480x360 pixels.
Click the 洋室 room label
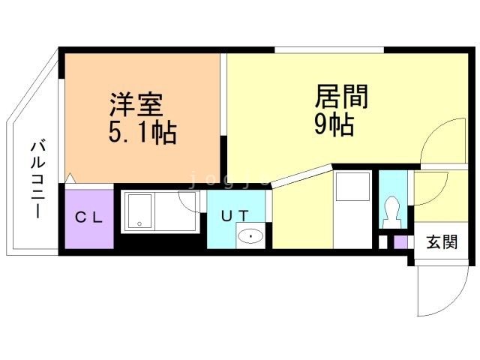click(136, 105)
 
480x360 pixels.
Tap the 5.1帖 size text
click(142, 133)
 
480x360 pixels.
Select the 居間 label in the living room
click(341, 97)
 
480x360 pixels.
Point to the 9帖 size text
click(334, 124)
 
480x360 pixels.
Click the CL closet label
click(88, 217)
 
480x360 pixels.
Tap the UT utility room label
click(235, 216)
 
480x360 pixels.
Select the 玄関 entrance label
click(442, 242)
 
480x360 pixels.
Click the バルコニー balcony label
click(38, 180)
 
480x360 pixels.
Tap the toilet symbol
click(393, 211)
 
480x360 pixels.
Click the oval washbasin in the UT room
click(250, 236)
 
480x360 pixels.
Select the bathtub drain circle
click(139, 223)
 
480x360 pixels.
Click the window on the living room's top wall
click(329, 50)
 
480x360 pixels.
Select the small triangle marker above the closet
click(70, 178)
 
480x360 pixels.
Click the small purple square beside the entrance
click(400, 242)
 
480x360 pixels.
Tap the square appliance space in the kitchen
click(353, 187)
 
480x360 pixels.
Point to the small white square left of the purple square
click(383, 242)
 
